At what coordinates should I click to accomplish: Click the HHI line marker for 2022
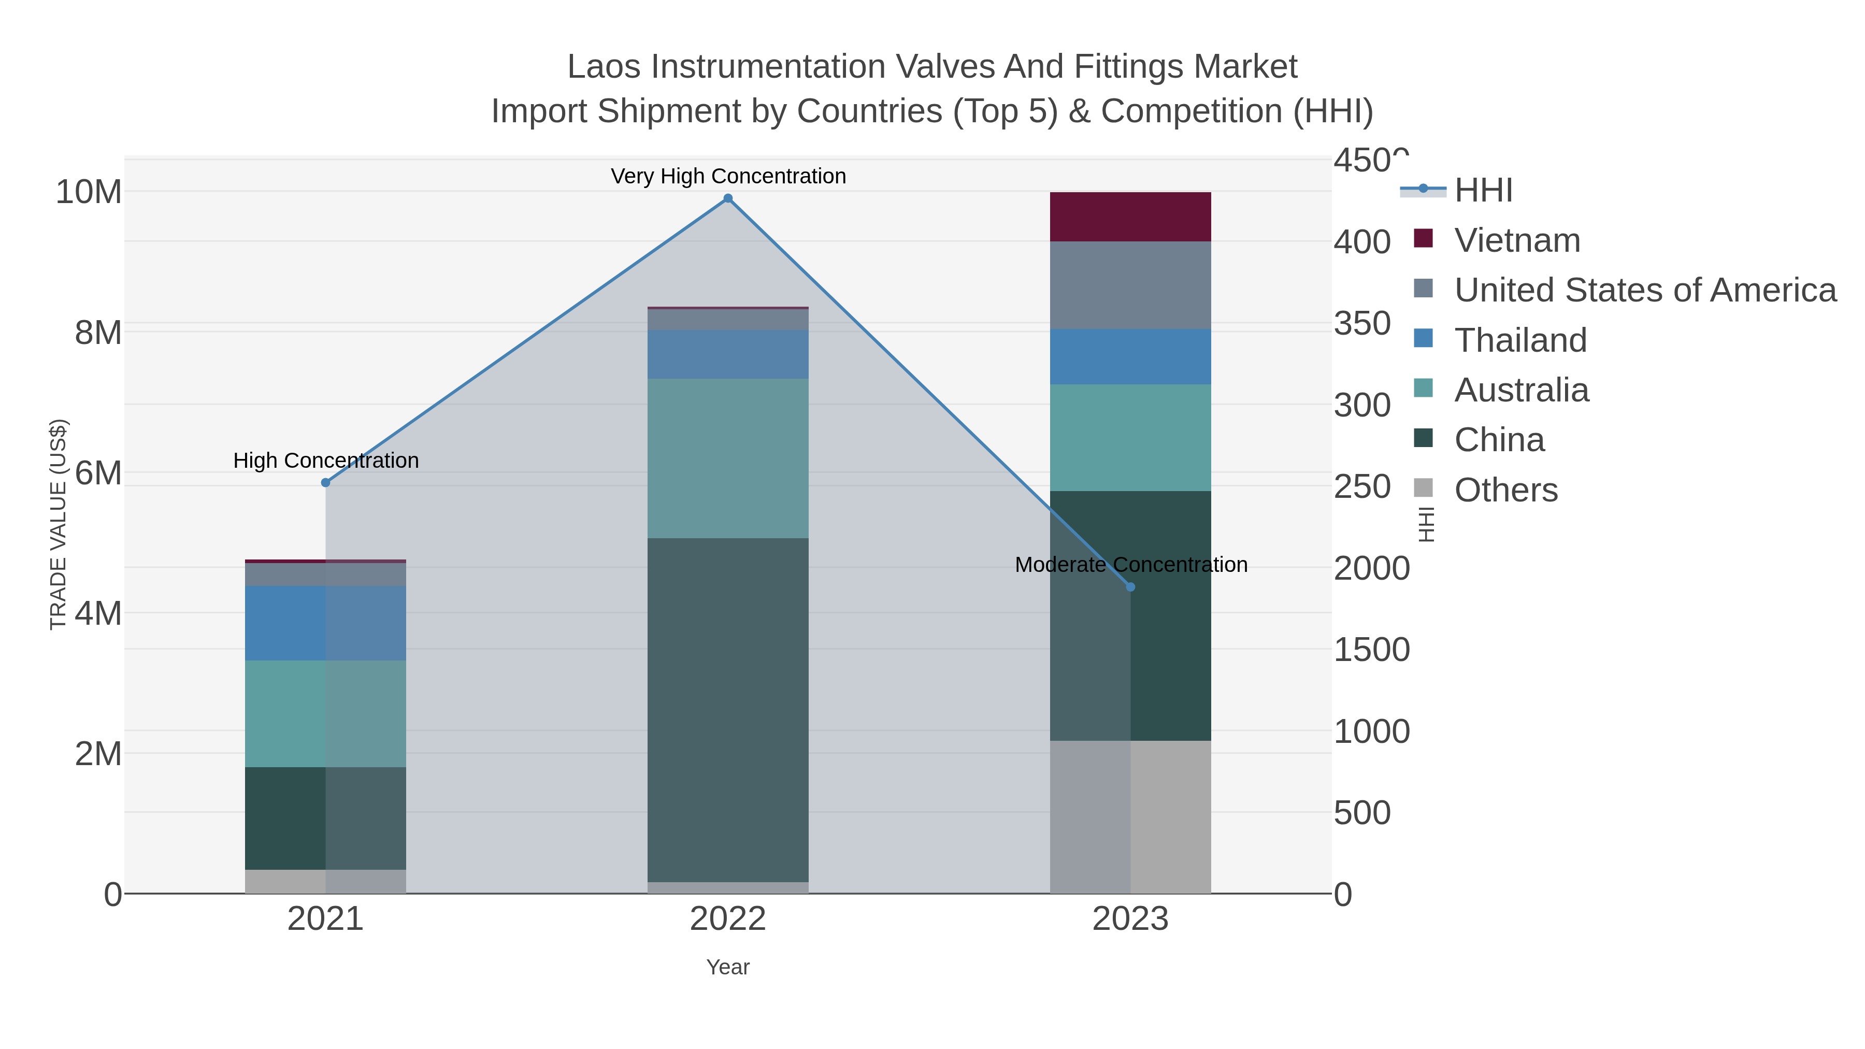(728, 198)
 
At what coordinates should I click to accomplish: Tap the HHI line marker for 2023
(1130, 587)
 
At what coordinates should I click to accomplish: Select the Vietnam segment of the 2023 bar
(1130, 217)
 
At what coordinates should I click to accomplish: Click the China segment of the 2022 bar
(728, 710)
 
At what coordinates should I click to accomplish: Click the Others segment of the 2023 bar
(1130, 816)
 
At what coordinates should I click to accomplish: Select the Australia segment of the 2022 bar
(728, 457)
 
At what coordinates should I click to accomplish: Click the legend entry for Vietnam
(1517, 240)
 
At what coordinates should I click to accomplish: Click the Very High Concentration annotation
(728, 176)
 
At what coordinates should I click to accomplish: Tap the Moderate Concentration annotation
(1130, 565)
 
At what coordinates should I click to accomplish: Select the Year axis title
(728, 967)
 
